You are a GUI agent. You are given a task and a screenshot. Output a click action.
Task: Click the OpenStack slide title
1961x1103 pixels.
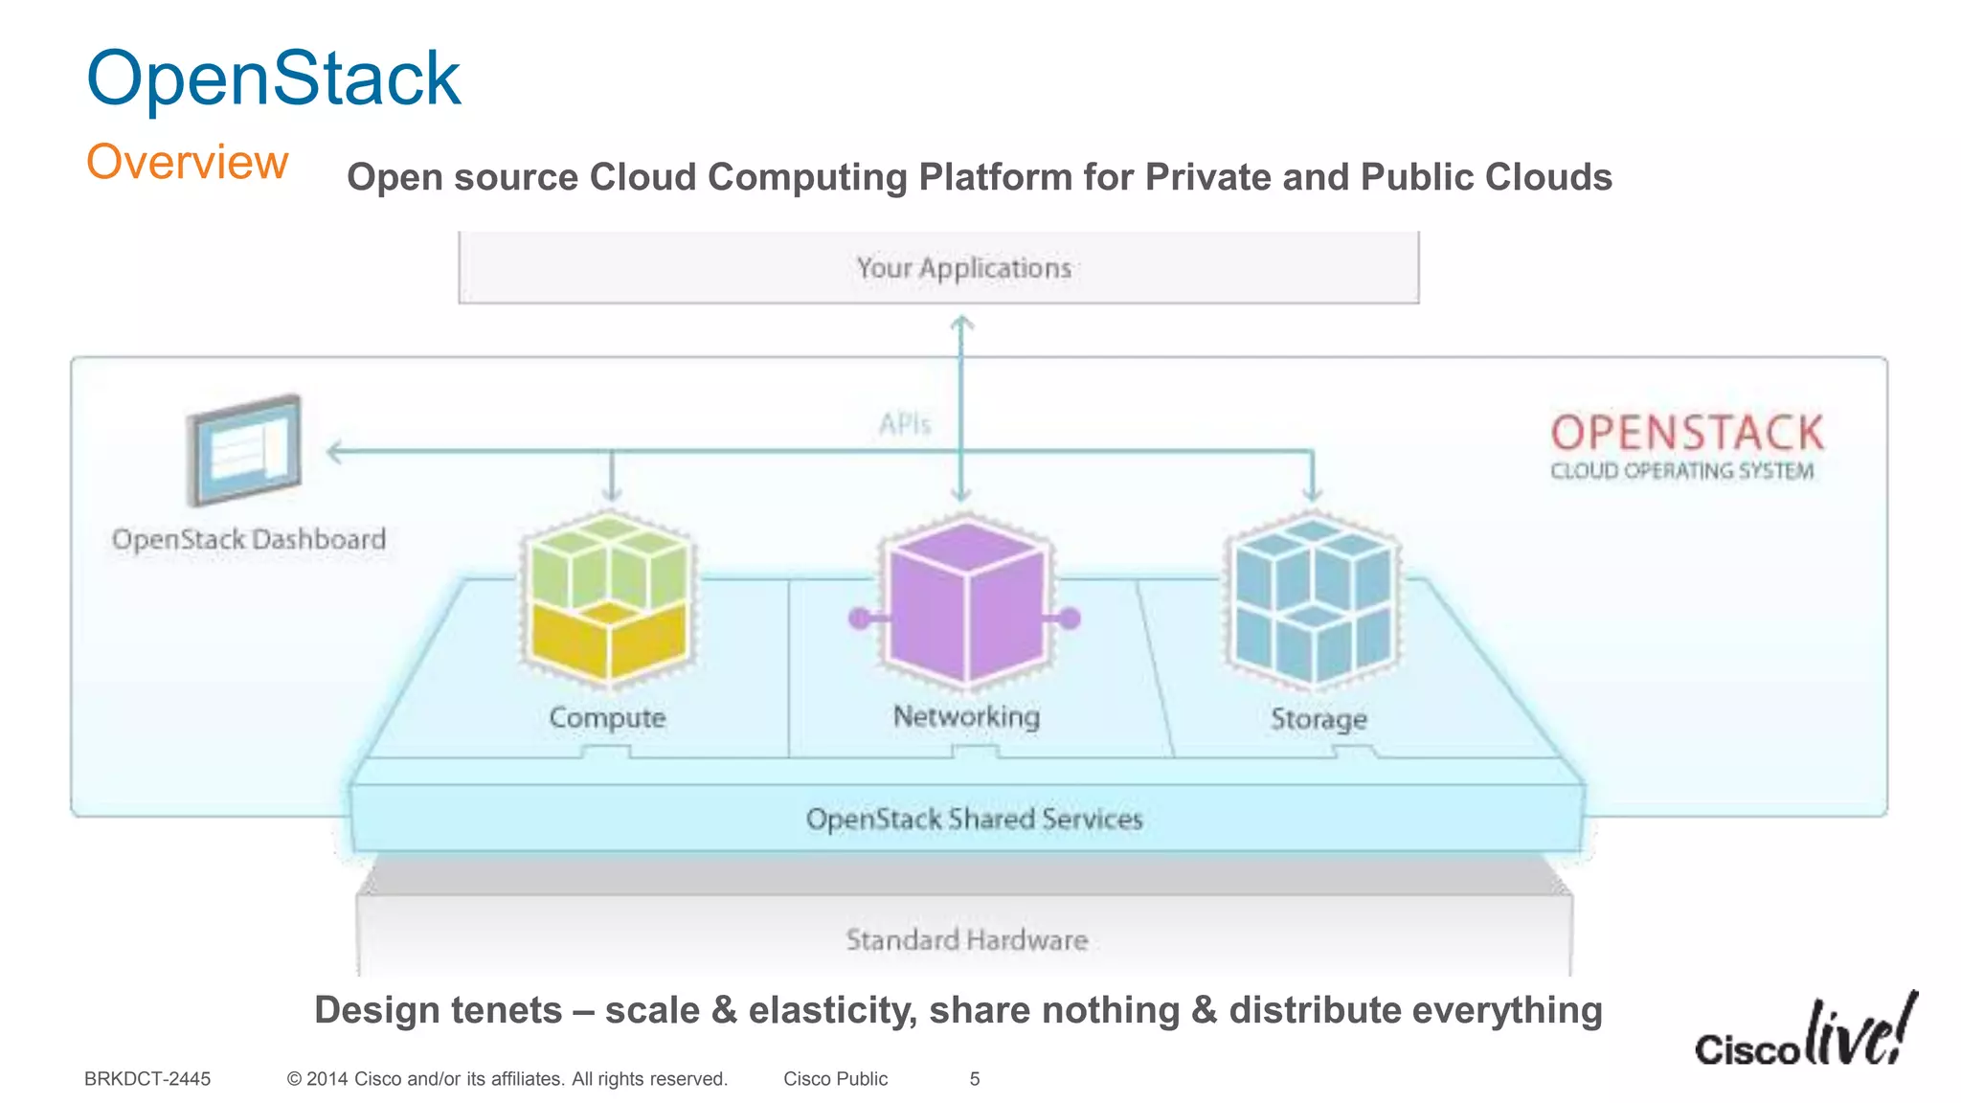[x=274, y=79]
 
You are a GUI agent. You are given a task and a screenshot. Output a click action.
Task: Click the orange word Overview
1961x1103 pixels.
[x=188, y=161]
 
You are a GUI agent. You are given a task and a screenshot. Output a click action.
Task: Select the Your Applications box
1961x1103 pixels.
[x=938, y=268]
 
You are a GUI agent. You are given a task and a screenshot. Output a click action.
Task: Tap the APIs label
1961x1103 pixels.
[x=905, y=423]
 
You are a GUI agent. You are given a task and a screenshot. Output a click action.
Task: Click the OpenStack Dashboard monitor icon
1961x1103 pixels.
[x=245, y=449]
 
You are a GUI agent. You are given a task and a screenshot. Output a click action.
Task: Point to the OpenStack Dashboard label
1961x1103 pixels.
[x=249, y=539]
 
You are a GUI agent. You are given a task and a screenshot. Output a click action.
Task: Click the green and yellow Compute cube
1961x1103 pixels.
[x=609, y=598]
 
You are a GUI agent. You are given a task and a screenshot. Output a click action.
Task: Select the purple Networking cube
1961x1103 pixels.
[x=965, y=601]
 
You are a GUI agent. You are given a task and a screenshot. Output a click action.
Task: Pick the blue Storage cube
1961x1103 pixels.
[x=1314, y=601]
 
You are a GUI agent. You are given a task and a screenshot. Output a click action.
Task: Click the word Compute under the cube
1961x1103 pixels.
[x=607, y=717]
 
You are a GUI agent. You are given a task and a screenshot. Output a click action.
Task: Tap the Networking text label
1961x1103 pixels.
[x=966, y=716]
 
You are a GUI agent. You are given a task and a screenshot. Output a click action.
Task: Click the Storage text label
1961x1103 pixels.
[x=1319, y=718]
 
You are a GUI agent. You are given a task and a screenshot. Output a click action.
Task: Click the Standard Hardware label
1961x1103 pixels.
[x=967, y=939]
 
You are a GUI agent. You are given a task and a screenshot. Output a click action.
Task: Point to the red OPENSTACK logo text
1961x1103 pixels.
[x=1687, y=433]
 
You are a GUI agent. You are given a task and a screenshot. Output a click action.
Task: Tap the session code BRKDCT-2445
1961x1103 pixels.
[x=147, y=1079]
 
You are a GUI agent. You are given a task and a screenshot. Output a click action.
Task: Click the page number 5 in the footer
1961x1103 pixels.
[x=975, y=1079]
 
